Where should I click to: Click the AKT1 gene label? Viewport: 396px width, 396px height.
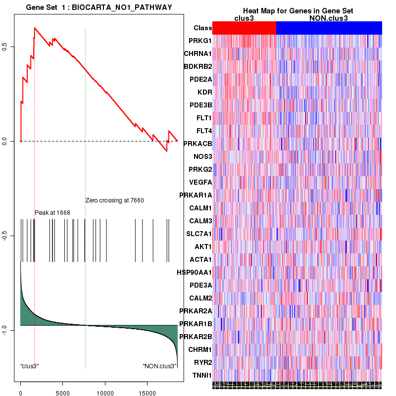[202, 247]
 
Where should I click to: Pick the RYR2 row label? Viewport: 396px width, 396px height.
[202, 362]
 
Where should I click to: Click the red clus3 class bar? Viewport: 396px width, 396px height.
[244, 28]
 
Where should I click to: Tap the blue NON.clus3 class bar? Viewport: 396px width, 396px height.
[329, 28]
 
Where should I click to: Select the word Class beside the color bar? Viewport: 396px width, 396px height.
[203, 28]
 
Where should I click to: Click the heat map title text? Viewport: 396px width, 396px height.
[297, 11]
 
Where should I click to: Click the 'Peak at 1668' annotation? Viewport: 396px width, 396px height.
[52, 213]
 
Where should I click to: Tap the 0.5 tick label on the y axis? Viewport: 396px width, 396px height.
[10, 47]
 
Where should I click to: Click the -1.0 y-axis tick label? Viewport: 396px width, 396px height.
[10, 330]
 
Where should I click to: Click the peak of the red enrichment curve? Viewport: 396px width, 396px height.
[34, 28]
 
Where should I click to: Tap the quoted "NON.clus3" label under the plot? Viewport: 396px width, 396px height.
[159, 366]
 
